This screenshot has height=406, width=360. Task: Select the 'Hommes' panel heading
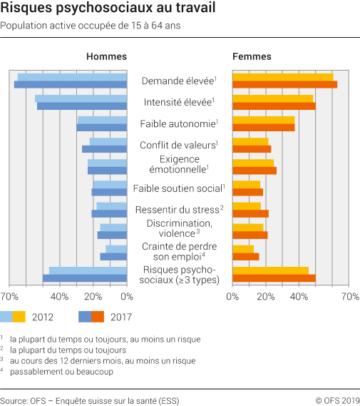(x=106, y=57)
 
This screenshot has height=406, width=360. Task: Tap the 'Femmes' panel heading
(x=252, y=57)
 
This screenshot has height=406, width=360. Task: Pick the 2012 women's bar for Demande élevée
(x=282, y=77)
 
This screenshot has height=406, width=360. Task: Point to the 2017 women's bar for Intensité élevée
(x=274, y=106)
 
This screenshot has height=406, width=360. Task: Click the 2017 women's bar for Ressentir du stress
(x=250, y=213)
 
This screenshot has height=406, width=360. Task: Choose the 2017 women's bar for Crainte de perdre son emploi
(x=245, y=256)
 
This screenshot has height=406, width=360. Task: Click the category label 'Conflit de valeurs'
(x=178, y=146)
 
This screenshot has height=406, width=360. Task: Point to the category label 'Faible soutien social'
(x=178, y=188)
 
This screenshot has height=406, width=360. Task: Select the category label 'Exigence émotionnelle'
(x=178, y=164)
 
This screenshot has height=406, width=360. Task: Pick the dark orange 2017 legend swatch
(x=98, y=317)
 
